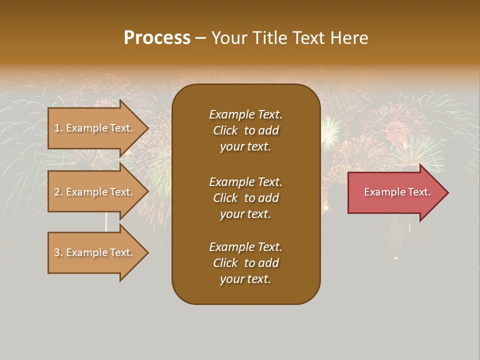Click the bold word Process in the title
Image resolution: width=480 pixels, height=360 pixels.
pyautogui.click(x=157, y=38)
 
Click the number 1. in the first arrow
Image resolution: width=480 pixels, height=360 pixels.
pyautogui.click(x=58, y=128)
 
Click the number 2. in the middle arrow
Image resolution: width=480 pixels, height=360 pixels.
pyautogui.click(x=58, y=192)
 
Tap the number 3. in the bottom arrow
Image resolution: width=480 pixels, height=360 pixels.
pyautogui.click(x=58, y=252)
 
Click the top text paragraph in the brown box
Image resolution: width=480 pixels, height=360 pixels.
pyautogui.click(x=245, y=130)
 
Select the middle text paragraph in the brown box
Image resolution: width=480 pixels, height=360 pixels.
pyautogui.click(x=245, y=198)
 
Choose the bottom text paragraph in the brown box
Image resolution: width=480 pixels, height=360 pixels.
pyautogui.click(x=245, y=263)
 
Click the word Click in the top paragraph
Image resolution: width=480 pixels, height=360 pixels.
pyautogui.click(x=225, y=130)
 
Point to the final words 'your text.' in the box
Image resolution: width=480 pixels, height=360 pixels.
pyautogui.click(x=245, y=279)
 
